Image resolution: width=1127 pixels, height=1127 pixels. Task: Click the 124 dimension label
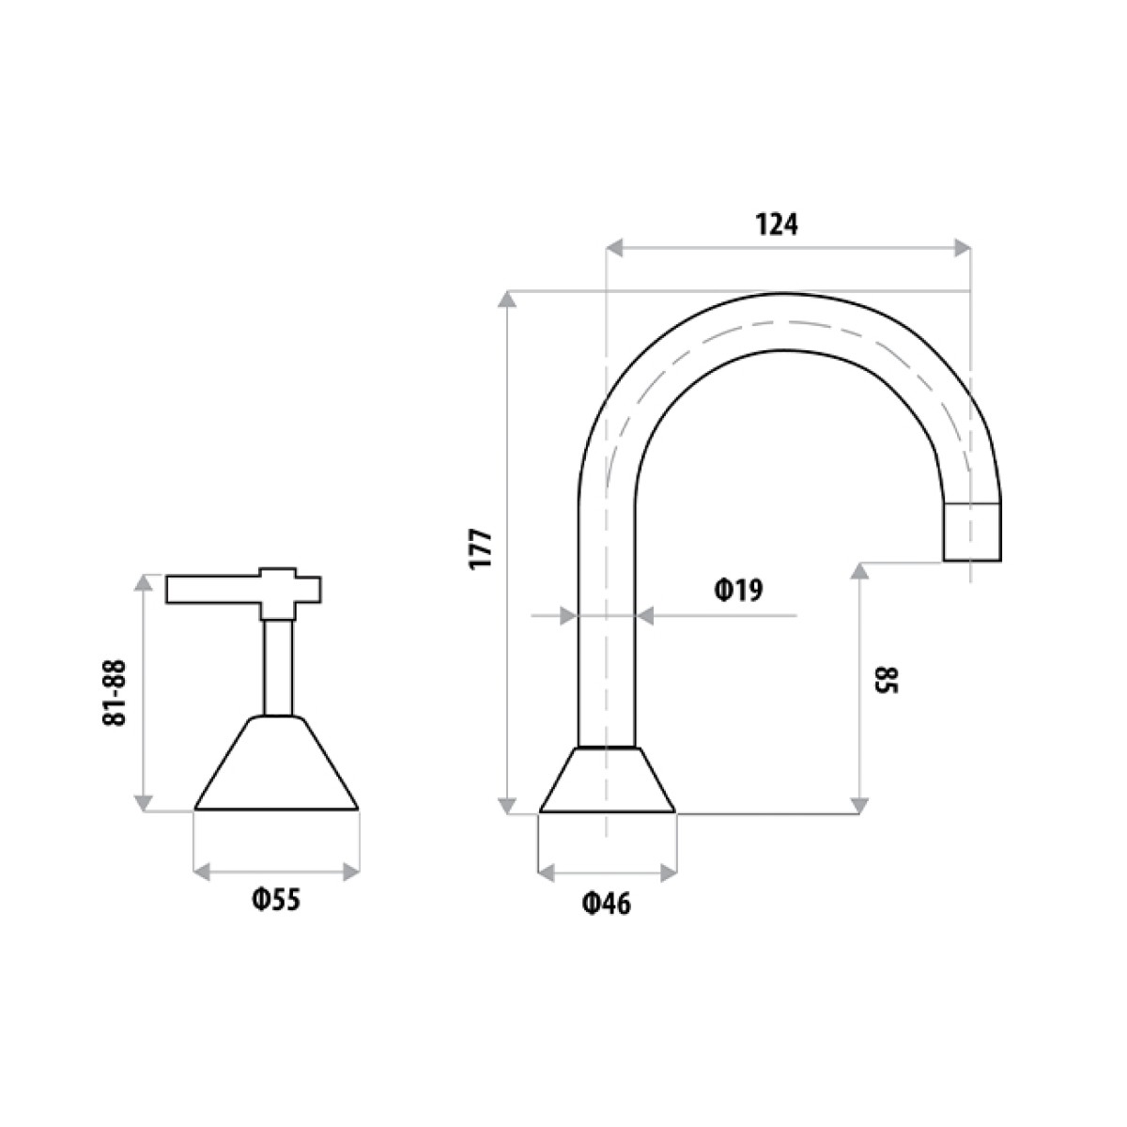coord(777,224)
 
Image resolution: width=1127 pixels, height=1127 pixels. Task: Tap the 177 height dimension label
coord(483,548)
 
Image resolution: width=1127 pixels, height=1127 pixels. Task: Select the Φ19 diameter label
coord(739,591)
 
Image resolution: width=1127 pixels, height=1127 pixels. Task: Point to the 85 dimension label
coord(886,680)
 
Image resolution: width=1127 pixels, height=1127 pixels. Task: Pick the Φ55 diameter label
coord(276,899)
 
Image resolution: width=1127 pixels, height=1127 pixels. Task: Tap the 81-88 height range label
coord(115,693)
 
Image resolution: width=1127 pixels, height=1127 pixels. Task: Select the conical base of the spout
coord(607,780)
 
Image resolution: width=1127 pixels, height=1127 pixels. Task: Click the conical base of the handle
coord(276,763)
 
